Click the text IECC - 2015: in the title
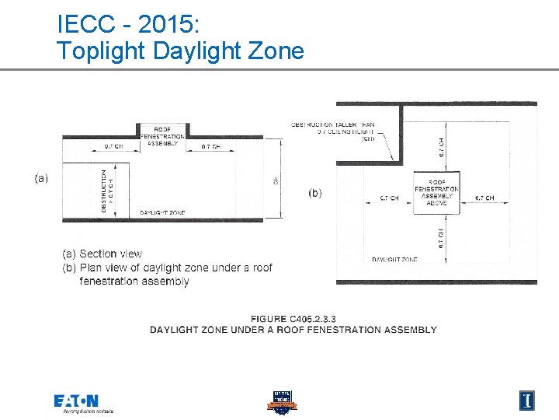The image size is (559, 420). (129, 24)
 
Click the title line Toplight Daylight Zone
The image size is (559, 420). (180, 51)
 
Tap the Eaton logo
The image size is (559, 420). (76, 401)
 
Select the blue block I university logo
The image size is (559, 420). (527, 400)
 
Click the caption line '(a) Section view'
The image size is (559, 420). (102, 254)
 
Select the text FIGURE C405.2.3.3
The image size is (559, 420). (293, 320)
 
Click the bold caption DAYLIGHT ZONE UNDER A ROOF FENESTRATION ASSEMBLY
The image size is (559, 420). (293, 330)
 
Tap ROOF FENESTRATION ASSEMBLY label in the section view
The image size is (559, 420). (163, 136)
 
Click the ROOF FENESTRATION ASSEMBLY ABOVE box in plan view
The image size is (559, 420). (436, 192)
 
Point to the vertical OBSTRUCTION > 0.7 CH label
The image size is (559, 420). (107, 191)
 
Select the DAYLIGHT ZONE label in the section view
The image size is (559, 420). (162, 212)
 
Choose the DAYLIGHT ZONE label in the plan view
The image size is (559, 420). (394, 259)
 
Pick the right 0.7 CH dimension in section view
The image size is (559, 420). (210, 146)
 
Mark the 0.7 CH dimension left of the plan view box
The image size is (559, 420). (389, 198)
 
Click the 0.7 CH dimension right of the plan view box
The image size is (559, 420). (484, 198)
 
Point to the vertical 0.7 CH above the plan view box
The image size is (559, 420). (440, 145)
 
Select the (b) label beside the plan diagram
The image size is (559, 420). (315, 193)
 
